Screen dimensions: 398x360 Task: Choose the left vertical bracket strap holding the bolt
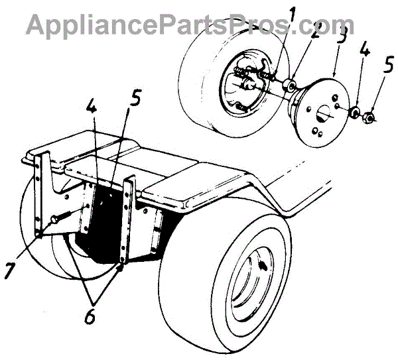[44, 192]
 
